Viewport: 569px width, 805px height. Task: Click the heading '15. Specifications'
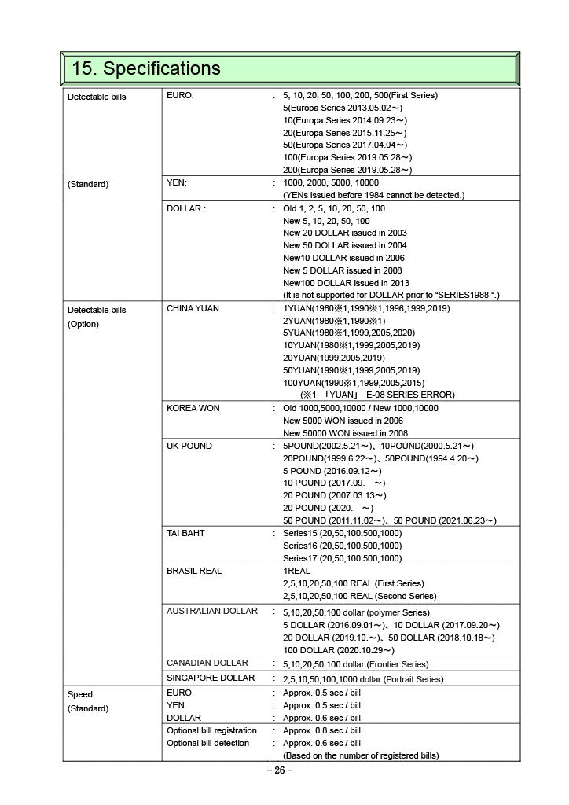146,68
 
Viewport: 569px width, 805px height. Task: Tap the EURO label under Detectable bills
180,95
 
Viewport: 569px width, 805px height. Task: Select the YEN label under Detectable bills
177,182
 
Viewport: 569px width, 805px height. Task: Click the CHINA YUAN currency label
193,308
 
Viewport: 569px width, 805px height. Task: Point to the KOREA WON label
193,408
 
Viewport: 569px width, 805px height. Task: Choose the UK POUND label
189,446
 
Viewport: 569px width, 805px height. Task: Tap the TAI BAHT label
185,533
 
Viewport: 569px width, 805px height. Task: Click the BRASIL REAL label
194,571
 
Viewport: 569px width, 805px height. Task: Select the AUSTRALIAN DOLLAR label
212,611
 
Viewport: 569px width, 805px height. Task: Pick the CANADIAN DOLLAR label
207,663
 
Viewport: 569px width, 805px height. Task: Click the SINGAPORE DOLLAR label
211,678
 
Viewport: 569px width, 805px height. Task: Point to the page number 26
280,770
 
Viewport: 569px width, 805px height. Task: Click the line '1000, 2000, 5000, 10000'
331,182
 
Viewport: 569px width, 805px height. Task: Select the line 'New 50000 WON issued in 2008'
345,433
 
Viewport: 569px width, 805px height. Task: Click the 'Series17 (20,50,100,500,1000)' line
342,558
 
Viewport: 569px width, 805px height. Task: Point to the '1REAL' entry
297,571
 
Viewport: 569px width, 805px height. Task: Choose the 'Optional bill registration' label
212,730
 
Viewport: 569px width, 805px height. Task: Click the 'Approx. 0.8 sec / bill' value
321,730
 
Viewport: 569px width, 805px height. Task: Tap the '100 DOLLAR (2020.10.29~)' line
339,650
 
